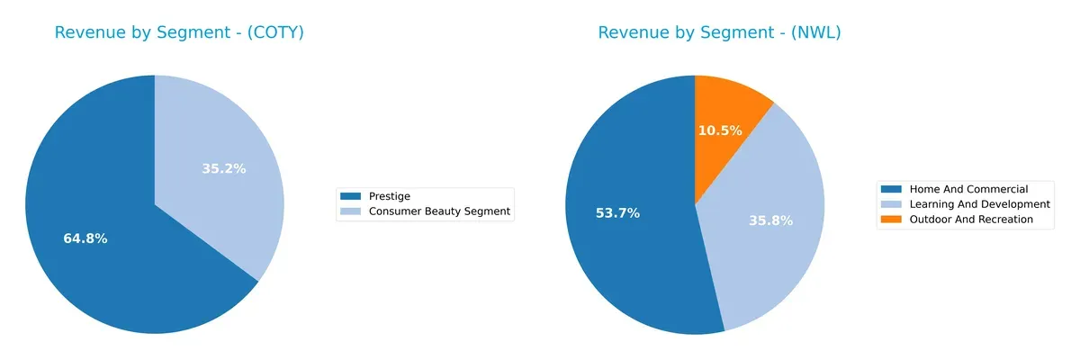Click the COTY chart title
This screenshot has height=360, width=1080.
[179, 33]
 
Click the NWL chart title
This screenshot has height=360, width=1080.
[719, 33]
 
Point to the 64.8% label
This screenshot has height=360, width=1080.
[85, 238]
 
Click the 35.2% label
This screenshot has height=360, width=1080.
[223, 168]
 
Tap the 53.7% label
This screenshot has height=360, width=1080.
[617, 213]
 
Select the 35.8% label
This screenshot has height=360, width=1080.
[771, 220]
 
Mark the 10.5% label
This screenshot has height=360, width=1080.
[720, 130]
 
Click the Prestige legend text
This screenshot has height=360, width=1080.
[390, 196]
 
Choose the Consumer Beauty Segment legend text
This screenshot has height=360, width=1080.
[439, 211]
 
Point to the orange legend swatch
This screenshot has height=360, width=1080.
[891, 220]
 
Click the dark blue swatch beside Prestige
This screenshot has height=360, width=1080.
[350, 196]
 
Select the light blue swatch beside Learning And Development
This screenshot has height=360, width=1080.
[891, 204]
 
